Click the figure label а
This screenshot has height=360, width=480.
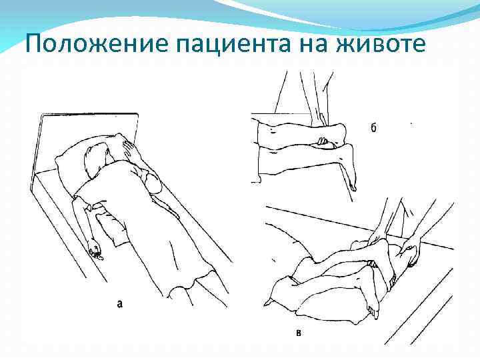[x=119, y=303]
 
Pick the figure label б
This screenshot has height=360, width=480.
[x=373, y=128]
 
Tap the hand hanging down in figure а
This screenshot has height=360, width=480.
[x=95, y=252]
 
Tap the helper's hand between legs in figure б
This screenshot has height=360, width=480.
[x=323, y=141]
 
